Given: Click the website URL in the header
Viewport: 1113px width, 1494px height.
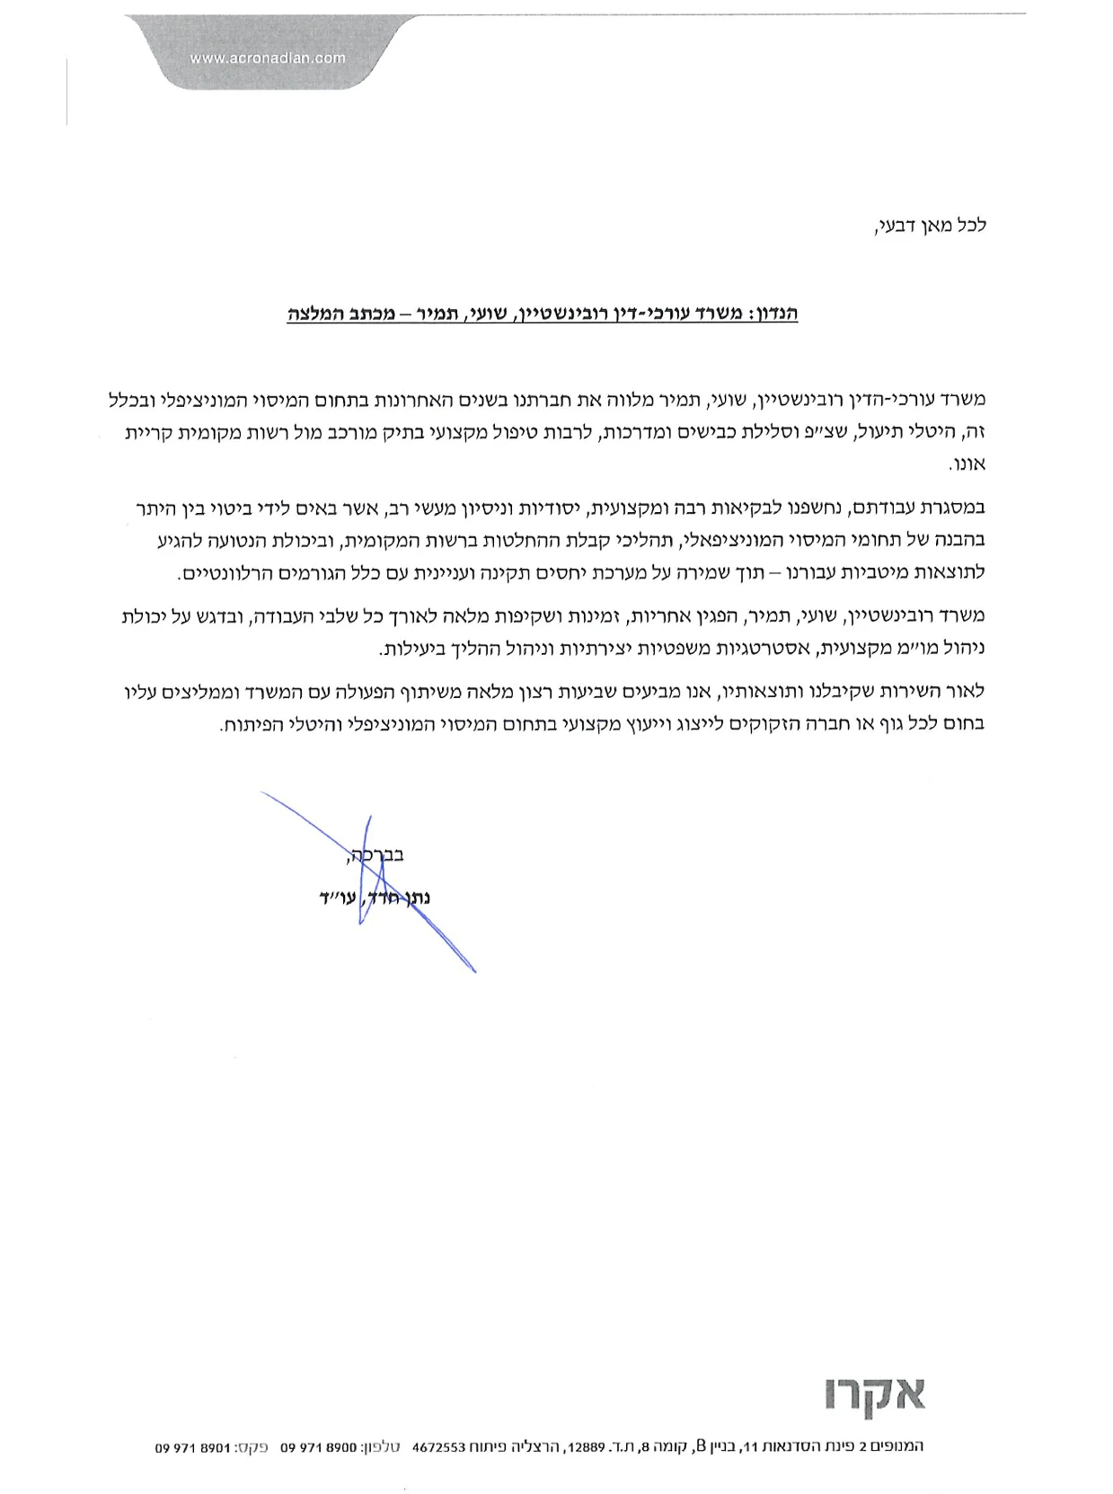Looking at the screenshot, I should click(x=268, y=58).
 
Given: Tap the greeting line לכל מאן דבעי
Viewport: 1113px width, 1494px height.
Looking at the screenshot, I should click(x=931, y=225).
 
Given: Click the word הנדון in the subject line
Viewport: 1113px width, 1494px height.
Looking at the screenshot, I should click(x=773, y=314).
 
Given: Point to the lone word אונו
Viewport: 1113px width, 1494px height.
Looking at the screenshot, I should click(x=967, y=464).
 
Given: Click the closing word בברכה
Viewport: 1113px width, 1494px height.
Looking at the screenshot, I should click(x=375, y=855).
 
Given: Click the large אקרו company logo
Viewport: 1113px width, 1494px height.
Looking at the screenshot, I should click(x=874, y=1396).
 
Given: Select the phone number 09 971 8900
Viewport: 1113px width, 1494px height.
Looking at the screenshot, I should click(x=319, y=1447).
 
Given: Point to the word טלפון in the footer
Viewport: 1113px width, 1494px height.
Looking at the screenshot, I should click(x=382, y=1447).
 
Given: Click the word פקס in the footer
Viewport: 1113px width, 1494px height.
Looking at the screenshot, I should click(x=252, y=1447).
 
